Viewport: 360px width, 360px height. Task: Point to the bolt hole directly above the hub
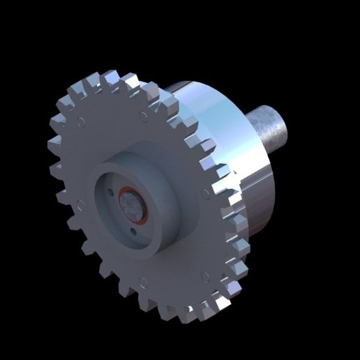143,114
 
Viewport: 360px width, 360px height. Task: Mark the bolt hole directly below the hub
142,282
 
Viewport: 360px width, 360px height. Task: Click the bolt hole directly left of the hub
80,204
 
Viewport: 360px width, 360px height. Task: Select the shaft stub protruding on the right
272,131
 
